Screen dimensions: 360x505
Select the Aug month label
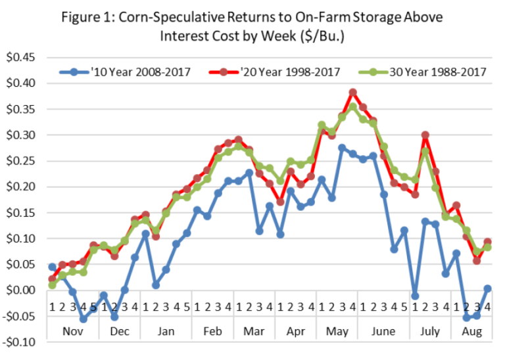(472, 331)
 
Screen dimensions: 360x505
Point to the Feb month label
(212, 331)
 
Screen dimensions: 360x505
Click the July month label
(430, 331)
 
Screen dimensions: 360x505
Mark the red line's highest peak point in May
(352, 93)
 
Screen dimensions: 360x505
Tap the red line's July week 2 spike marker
(425, 135)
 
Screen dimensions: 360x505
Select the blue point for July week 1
(415, 296)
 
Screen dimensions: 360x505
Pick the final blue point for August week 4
(488, 288)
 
